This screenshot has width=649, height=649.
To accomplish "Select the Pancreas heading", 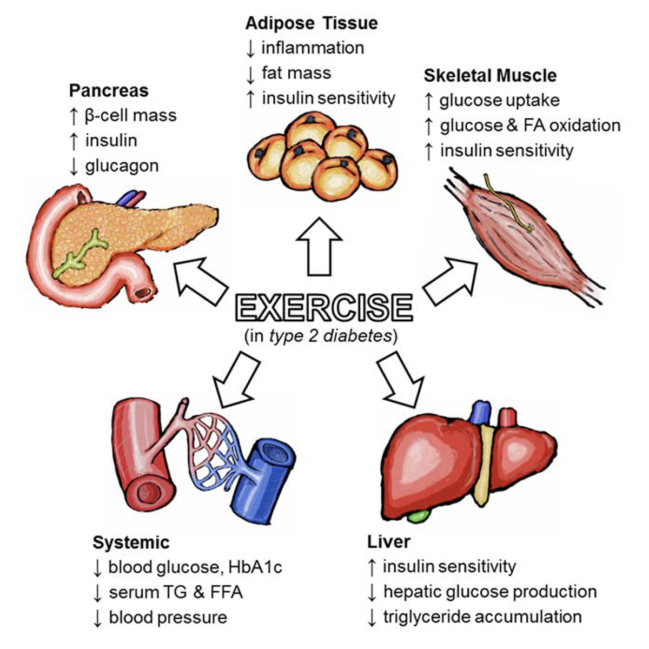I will pos(109,90).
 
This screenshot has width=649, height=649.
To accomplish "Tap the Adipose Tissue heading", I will pos(312,23).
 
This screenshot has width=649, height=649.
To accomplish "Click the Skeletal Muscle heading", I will pos(490,75).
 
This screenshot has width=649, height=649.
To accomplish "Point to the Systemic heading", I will pos(131,542).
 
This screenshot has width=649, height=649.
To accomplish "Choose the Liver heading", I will pos(388,542).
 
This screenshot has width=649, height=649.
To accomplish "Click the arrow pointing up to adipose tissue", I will pos(319,246).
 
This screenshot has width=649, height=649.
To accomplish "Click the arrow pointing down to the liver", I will pos(400,379).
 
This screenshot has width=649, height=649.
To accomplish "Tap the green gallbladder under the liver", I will pos(417,514).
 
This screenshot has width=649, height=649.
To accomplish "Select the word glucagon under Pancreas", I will pos(122,165).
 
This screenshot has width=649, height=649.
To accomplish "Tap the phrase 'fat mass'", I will pos(296,73).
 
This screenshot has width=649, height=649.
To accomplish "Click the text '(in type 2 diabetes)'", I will pos(321,336).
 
